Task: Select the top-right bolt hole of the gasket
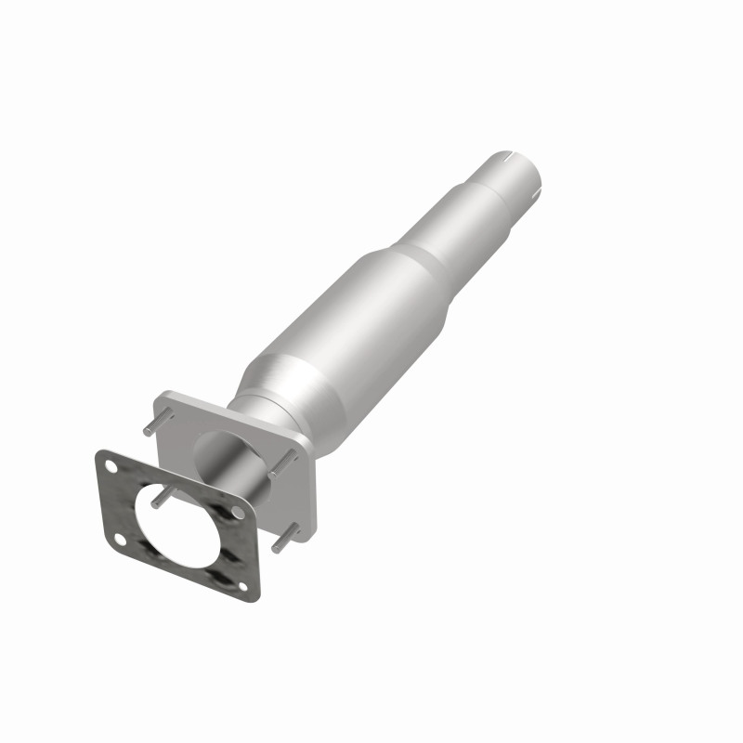tap(238, 513)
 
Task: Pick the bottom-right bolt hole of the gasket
tap(243, 585)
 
